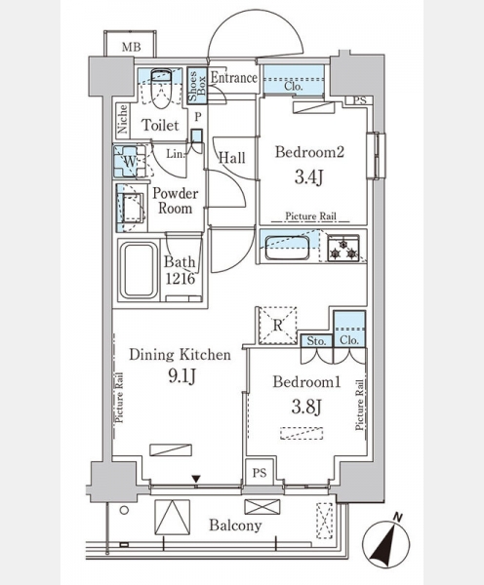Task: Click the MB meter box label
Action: (132, 48)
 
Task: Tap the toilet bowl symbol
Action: (161, 89)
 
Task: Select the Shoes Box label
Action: (197, 86)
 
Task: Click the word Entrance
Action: (234, 78)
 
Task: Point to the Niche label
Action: (123, 118)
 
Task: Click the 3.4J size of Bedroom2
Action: (308, 176)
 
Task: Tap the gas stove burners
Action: (343, 249)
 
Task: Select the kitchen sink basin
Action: (287, 248)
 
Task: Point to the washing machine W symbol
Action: (130, 161)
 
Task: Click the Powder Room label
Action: (175, 200)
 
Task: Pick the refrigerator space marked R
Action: (277, 325)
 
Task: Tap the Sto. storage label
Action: (316, 340)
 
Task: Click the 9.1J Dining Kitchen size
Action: (181, 376)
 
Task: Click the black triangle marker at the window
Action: (196, 479)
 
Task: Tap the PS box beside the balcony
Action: (260, 472)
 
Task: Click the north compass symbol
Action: (386, 541)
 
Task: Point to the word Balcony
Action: (235, 526)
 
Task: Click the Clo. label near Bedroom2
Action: (294, 86)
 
